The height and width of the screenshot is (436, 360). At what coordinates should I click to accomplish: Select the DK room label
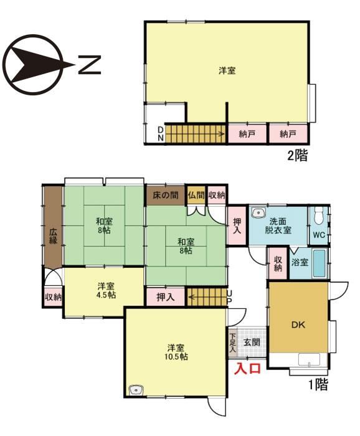pos(298,325)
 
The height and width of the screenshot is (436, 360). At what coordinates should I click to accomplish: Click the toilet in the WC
pos(318,216)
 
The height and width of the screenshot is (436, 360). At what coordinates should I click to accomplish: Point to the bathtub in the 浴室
pos(319,263)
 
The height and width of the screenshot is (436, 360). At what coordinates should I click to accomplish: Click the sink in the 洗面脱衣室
pos(258,213)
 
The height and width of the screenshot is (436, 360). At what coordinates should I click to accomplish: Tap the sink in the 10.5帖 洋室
pos(136,390)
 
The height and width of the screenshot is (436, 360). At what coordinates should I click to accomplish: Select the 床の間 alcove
pos(166,196)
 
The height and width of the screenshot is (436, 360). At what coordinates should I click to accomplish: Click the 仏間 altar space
pos(196,195)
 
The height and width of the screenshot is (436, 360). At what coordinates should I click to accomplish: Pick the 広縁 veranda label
pos(54,236)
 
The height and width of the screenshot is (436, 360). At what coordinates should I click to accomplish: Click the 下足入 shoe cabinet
pos(233,343)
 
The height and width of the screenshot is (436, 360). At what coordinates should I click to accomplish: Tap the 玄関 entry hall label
pos(252,343)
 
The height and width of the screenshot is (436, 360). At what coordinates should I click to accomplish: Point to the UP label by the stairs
pos(230,296)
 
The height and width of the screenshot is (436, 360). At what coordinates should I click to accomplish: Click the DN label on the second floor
pos(161,134)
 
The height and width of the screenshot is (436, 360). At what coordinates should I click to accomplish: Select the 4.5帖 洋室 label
pos(106,290)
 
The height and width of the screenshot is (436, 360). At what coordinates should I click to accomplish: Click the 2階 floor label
pos(298,156)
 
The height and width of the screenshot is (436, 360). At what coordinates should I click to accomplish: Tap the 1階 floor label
pos(318,384)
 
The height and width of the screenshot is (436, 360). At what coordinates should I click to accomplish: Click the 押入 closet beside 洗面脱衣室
pos(237,225)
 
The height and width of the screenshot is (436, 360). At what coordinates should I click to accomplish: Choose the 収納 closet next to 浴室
pos(278,263)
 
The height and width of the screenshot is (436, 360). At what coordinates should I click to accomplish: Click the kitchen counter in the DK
pos(309,359)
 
